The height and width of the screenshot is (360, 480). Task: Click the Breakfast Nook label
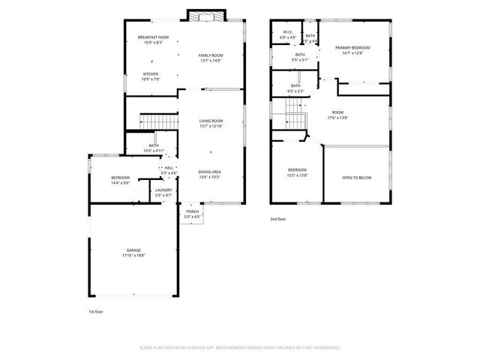(152, 40)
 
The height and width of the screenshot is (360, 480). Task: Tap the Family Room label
(211, 57)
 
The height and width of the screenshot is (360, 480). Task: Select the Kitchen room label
(151, 76)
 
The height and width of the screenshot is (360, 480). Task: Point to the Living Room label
(211, 123)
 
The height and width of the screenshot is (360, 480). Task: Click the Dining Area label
(210, 175)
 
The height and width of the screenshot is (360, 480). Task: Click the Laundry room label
(163, 193)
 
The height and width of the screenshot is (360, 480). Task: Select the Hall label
(169, 170)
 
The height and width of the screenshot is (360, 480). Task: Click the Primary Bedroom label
(352, 50)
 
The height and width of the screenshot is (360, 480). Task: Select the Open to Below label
(357, 178)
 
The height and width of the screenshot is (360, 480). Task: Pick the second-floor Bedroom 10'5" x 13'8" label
(297, 172)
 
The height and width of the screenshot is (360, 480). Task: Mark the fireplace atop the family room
(205, 16)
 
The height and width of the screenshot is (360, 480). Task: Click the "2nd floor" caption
(278, 219)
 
